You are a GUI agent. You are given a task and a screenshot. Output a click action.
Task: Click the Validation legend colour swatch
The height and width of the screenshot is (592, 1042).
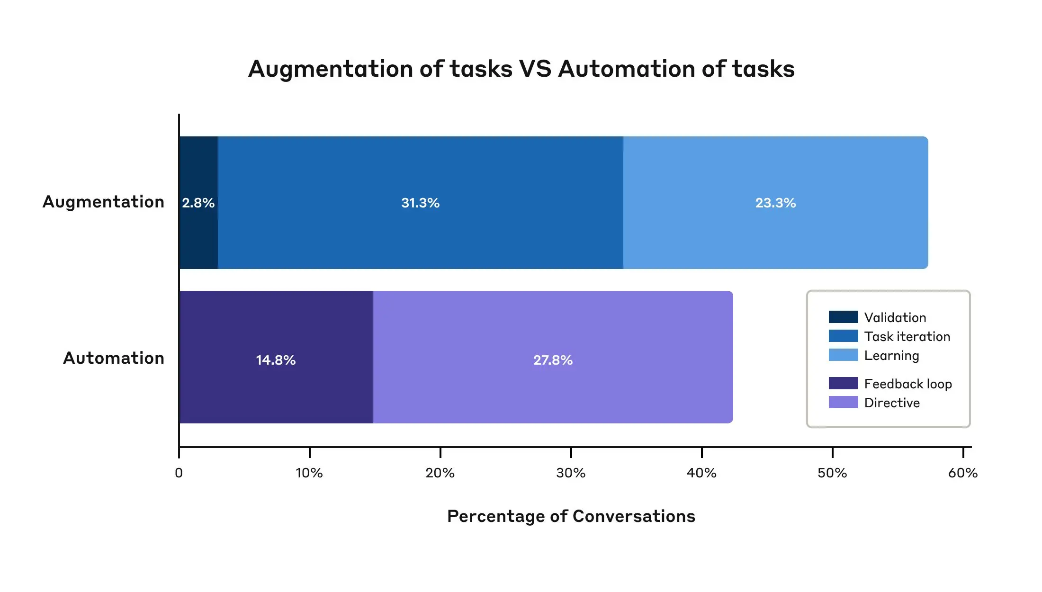pos(843,317)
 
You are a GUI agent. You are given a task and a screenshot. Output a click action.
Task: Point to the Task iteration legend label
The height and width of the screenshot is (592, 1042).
pos(907,336)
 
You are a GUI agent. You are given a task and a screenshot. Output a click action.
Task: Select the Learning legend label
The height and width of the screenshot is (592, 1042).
pos(891,355)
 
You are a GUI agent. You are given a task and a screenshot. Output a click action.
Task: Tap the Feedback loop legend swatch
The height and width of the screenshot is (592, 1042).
pos(843,383)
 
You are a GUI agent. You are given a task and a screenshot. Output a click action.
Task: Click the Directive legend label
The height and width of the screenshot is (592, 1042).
pos(892,403)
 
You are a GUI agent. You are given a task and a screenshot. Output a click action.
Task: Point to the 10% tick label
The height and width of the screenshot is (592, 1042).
pos(309,473)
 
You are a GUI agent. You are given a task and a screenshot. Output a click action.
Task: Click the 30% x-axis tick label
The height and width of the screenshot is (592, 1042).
pos(571,473)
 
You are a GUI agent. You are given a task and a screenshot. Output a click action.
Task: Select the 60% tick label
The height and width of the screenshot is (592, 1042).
pos(963,473)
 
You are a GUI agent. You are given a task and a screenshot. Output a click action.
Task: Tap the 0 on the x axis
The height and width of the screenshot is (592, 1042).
pos(179,473)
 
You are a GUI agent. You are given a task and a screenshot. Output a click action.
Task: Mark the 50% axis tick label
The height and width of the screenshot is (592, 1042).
pos(832,473)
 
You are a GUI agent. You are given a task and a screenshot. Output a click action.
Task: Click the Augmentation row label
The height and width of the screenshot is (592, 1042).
pos(103,202)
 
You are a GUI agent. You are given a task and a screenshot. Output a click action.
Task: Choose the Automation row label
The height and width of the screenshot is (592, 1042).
pos(114,358)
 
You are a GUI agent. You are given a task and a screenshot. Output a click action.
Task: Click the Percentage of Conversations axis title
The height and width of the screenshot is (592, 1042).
pos(571,516)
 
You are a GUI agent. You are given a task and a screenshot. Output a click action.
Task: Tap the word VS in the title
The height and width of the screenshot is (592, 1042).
pos(535,69)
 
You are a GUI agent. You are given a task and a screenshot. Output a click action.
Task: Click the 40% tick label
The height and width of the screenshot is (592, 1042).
pos(701,473)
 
